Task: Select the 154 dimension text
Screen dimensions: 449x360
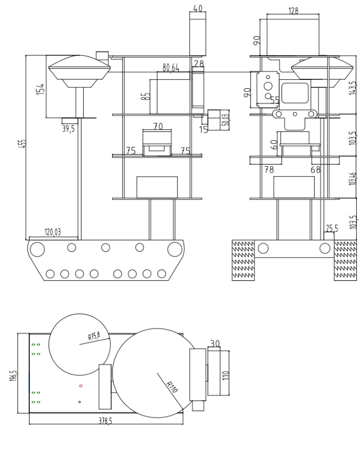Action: tap(41, 87)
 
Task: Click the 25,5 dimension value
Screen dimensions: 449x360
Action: tap(331, 228)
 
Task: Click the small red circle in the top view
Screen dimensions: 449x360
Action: tap(81, 385)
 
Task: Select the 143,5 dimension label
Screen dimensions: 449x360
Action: tap(353, 84)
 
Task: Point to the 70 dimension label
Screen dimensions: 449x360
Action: tap(158, 126)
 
